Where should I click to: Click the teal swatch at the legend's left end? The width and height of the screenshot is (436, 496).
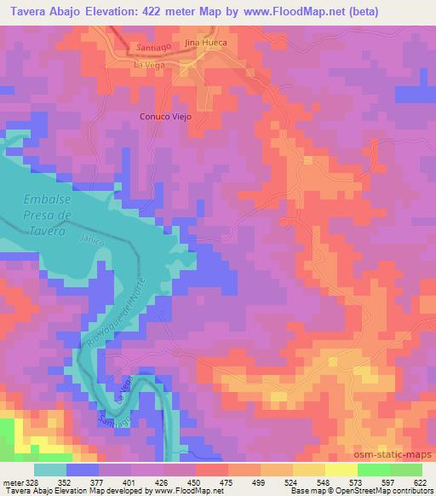coord(50,469)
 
